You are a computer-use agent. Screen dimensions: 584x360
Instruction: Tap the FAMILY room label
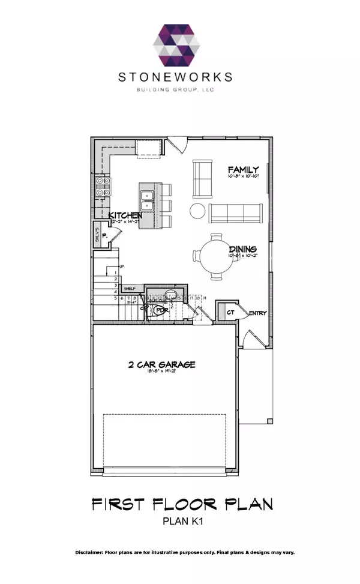click(x=244, y=170)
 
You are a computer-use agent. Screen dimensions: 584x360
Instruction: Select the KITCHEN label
click(x=125, y=215)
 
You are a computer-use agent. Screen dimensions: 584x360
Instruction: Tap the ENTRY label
click(x=257, y=313)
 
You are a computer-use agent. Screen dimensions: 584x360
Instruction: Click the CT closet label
click(x=229, y=312)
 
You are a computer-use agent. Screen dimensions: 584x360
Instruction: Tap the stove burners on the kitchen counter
click(x=101, y=188)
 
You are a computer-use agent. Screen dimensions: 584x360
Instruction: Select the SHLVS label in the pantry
click(x=97, y=236)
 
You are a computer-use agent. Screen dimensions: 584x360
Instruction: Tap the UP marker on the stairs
click(x=122, y=266)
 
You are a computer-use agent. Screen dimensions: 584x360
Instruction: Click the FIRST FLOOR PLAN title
click(x=180, y=504)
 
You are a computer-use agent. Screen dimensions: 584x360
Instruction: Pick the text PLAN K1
click(x=180, y=522)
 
